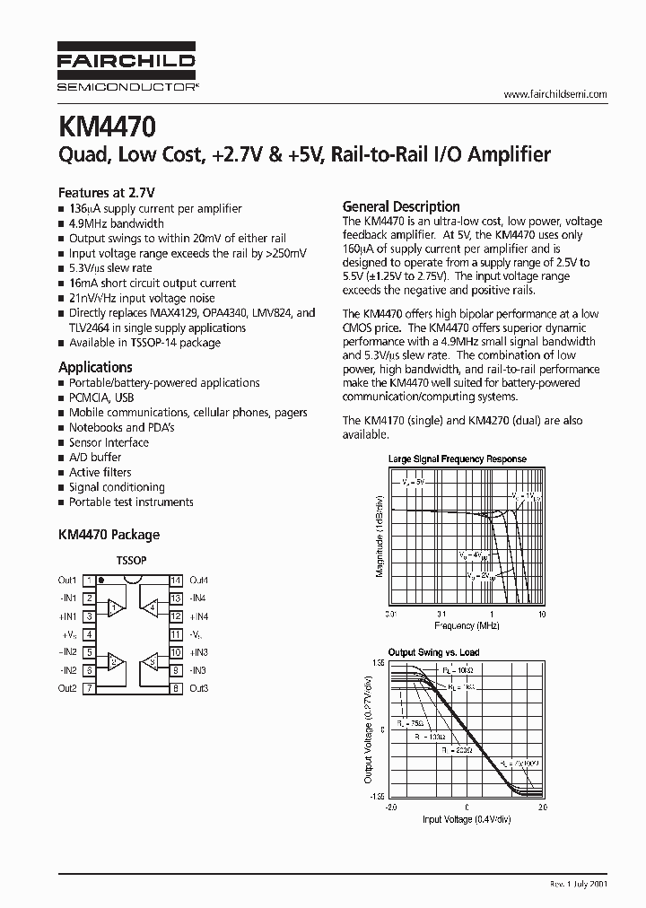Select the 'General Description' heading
click(x=401, y=206)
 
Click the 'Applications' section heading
click(x=95, y=367)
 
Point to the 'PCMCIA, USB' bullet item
click(x=101, y=397)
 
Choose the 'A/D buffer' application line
click(x=95, y=458)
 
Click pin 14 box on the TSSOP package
click(x=176, y=581)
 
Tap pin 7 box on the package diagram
click(x=90, y=688)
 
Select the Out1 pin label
click(x=67, y=581)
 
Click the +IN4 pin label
click(x=199, y=616)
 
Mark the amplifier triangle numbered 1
click(x=114, y=608)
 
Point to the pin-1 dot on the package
click(x=101, y=581)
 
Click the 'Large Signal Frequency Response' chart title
click(x=457, y=459)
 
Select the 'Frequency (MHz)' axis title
click(x=466, y=624)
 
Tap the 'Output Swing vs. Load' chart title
click(x=433, y=652)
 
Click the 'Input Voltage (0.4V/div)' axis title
click(x=467, y=819)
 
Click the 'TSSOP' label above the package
click(x=132, y=560)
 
